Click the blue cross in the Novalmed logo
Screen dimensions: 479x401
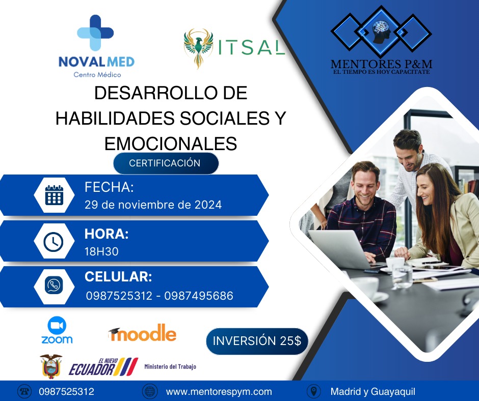(95, 33)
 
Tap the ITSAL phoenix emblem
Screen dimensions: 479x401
(198, 48)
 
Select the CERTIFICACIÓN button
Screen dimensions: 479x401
(166, 163)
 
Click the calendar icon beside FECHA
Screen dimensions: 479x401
(54, 195)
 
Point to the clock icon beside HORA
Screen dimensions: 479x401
(54, 242)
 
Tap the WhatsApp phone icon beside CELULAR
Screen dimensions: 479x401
(54, 285)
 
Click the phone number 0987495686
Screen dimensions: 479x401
(199, 296)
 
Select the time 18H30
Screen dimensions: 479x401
(101, 251)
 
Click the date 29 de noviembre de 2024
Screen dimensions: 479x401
(153, 205)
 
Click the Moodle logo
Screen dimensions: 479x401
(142, 333)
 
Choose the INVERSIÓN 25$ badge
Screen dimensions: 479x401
(257, 341)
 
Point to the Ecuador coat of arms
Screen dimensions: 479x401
(51, 366)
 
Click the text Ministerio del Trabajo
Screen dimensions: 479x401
(170, 366)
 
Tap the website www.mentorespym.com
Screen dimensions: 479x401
(219, 391)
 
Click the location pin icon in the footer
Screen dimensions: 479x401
(314, 391)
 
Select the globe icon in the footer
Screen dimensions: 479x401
(150, 391)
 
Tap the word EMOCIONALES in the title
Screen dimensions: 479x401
(171, 144)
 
